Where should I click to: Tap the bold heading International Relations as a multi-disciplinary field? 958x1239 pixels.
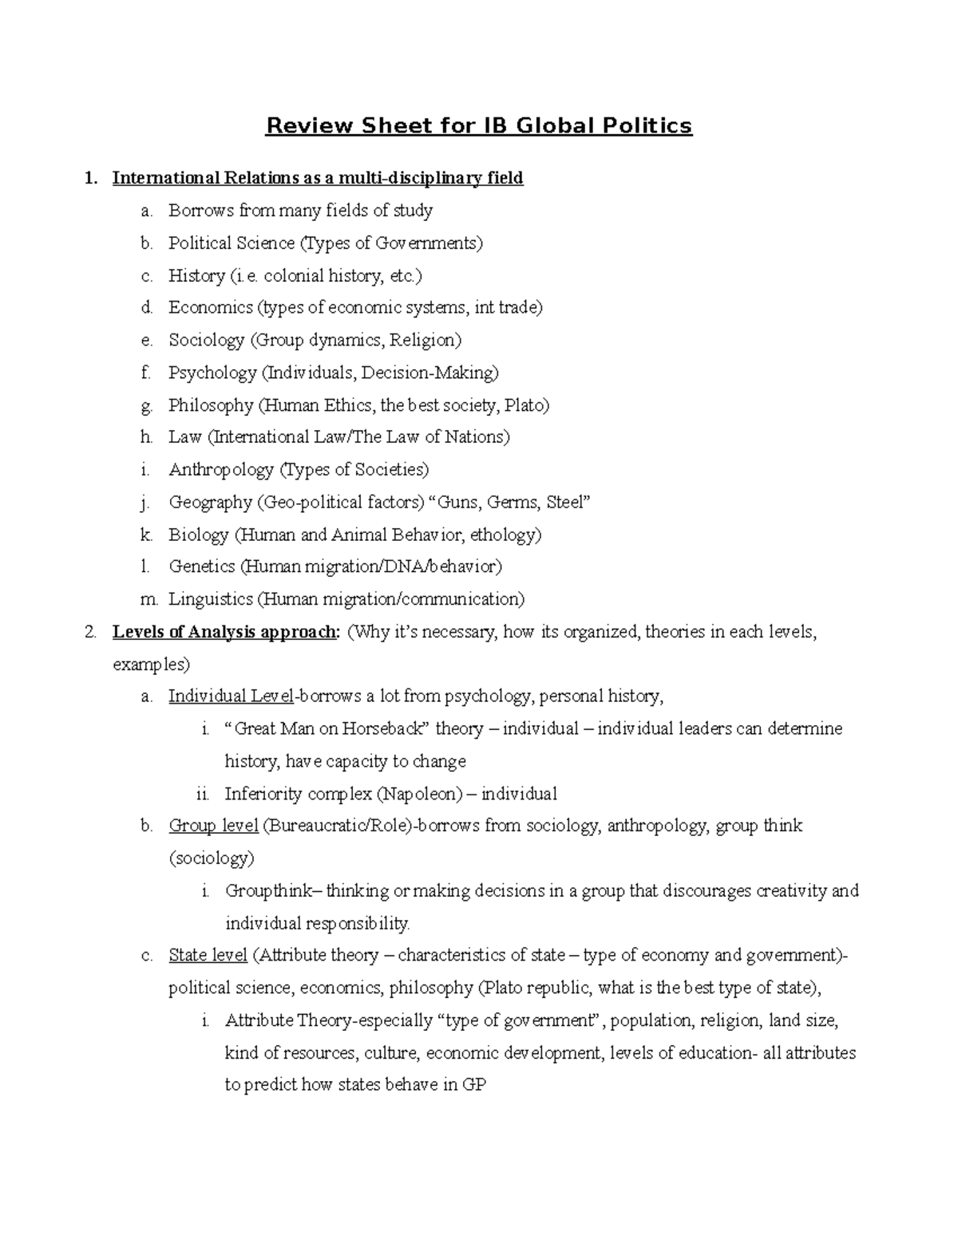(318, 178)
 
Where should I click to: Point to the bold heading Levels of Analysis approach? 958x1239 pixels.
(225, 633)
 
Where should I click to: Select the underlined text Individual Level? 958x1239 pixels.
(231, 696)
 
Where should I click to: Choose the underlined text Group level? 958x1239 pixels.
(213, 826)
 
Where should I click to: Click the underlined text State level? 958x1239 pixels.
(208, 956)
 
